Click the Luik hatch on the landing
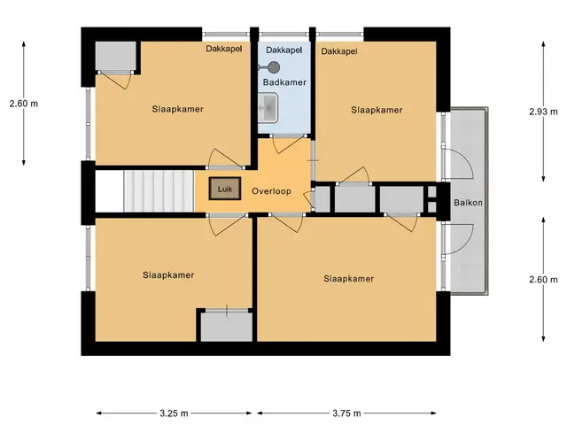click(x=224, y=189)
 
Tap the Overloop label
click(x=271, y=191)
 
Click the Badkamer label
click(x=284, y=82)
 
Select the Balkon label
click(x=468, y=203)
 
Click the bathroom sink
click(x=268, y=108)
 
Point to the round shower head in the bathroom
click(x=275, y=67)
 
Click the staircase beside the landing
click(x=159, y=191)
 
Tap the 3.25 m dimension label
click(x=174, y=413)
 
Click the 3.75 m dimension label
click(x=346, y=413)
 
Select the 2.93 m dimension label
click(x=543, y=112)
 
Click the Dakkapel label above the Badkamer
click(x=283, y=50)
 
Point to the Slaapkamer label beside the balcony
click(x=377, y=110)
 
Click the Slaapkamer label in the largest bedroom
click(x=348, y=279)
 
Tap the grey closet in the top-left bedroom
click(x=116, y=56)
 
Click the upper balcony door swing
click(x=459, y=163)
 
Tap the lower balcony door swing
click(x=459, y=240)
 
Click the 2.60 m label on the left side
click(x=24, y=104)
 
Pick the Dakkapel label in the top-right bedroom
click(x=339, y=51)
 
